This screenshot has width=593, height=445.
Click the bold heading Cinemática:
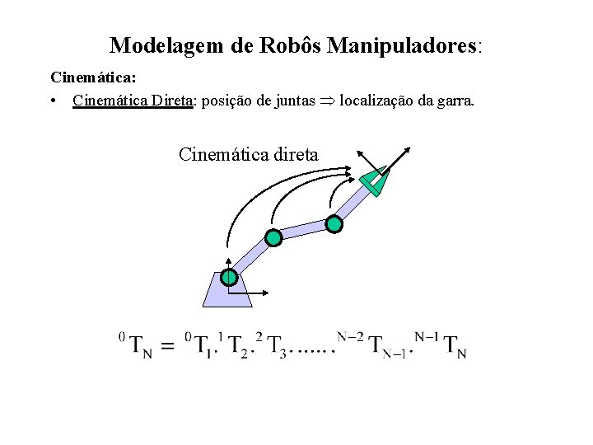[x=94, y=78]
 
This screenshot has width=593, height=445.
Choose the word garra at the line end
[x=454, y=101]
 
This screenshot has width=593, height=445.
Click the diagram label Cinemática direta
[x=249, y=154]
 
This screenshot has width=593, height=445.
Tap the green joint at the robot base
[x=229, y=279]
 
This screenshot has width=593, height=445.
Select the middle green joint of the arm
[x=273, y=238]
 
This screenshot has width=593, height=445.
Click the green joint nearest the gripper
[x=334, y=222]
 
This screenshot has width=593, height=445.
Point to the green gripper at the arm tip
[x=375, y=182]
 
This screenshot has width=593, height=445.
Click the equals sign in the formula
[x=166, y=347]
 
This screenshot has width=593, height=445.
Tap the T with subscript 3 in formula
[x=278, y=346]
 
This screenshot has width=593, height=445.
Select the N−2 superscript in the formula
[x=352, y=336]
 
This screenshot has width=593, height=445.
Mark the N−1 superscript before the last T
[x=427, y=336]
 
